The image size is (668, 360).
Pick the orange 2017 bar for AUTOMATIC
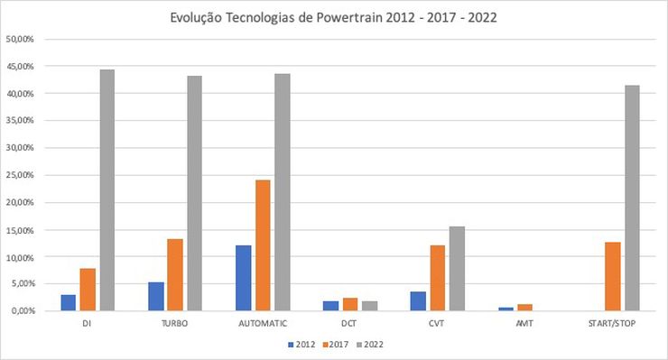(x=263, y=245)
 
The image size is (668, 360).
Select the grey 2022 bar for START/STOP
(x=632, y=198)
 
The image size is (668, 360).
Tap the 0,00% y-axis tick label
(x=22, y=311)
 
